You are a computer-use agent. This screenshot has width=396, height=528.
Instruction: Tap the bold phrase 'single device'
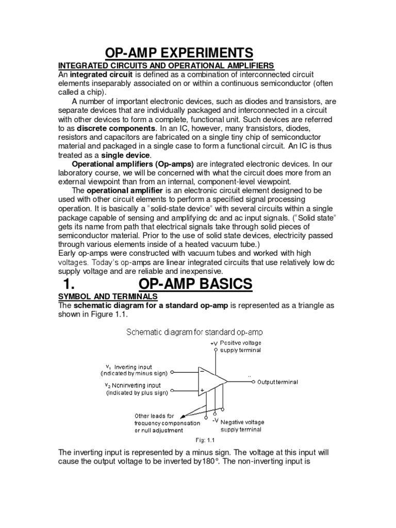pos(126,155)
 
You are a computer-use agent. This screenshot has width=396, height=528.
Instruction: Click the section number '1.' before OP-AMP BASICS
pos(73,284)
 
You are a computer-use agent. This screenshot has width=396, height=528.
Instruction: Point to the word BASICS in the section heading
pos(223,284)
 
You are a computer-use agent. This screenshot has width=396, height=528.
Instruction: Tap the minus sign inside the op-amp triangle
pos(202,371)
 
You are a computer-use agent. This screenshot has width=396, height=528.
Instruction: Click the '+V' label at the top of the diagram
pos(214,343)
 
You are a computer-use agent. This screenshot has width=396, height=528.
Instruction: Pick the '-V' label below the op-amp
pos(216,420)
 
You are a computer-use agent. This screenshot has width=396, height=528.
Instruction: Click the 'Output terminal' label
pos(277,382)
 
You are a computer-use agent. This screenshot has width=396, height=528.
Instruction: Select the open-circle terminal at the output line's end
pos(253,382)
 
